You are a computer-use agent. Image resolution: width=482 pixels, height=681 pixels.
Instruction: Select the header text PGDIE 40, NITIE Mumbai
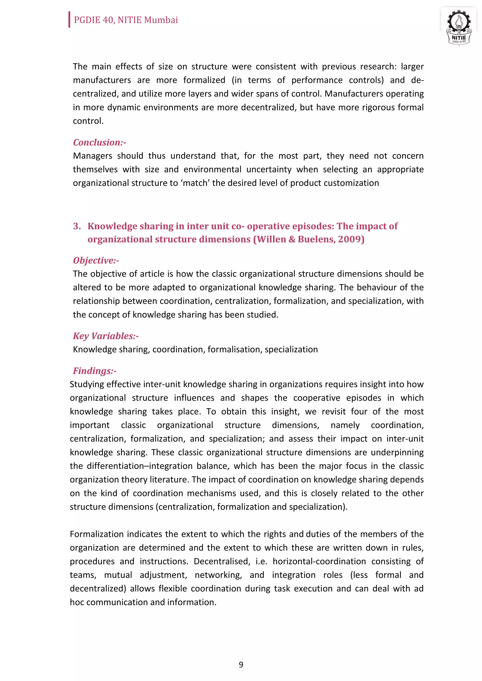[x=126, y=20]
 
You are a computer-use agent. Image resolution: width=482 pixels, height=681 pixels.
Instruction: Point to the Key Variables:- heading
[x=106, y=336]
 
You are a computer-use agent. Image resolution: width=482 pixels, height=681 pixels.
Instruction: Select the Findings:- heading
[x=94, y=371]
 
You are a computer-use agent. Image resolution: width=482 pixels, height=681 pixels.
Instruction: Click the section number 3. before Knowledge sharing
[x=77, y=226]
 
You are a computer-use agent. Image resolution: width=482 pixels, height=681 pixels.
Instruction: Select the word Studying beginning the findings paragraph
[x=86, y=384]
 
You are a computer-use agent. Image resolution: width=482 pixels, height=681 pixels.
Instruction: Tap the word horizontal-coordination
[x=319, y=561]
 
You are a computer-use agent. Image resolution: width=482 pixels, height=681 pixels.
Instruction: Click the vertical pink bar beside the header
[x=69, y=20]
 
